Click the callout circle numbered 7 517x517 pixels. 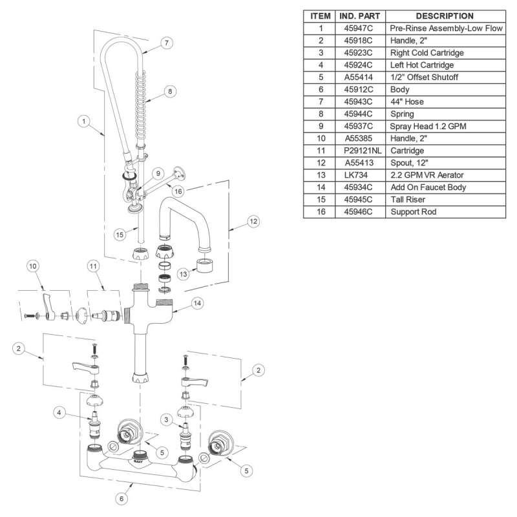(166, 43)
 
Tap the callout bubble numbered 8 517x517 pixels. (169, 92)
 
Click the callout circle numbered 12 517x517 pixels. (253, 222)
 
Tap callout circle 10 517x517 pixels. (34, 266)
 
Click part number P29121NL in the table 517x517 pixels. (361, 150)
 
